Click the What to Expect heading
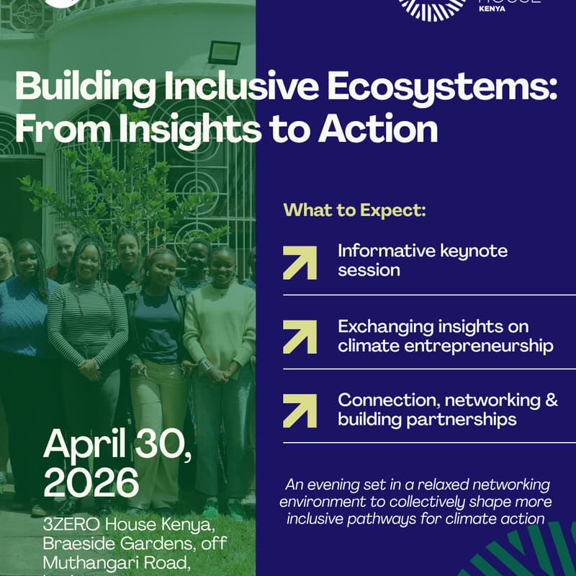(354, 211)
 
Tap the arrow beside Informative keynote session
(300, 262)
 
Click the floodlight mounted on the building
(223, 52)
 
